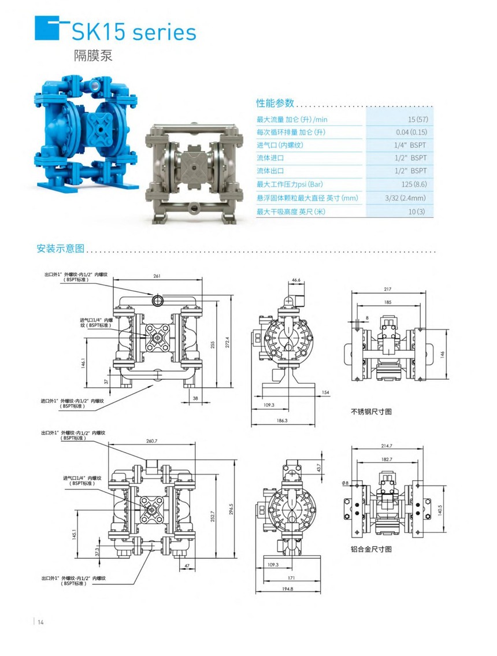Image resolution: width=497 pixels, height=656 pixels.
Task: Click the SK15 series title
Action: [133, 32]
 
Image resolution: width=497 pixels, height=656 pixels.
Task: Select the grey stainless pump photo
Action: [194, 173]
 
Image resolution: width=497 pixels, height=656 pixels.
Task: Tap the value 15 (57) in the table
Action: [418, 119]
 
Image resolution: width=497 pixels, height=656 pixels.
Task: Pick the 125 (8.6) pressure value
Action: [414, 184]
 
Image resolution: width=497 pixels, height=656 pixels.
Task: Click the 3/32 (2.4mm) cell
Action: [405, 198]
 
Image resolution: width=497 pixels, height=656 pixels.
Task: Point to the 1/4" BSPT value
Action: [410, 145]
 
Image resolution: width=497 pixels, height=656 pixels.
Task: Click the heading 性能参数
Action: [275, 103]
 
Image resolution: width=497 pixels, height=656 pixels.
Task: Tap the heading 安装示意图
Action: [61, 248]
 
